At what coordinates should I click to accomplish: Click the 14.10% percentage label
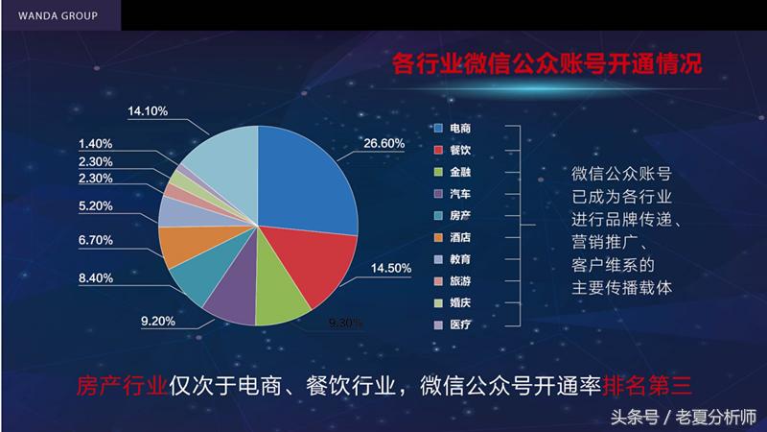148,112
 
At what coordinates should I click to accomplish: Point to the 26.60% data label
383,144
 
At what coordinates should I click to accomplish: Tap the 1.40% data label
98,143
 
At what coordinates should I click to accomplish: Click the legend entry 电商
458,128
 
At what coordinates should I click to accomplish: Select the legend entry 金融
458,172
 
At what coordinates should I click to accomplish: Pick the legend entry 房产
458,216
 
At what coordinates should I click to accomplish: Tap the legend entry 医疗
458,325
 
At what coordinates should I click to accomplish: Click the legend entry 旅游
458,281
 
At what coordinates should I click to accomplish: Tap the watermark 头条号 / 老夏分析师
684,417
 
